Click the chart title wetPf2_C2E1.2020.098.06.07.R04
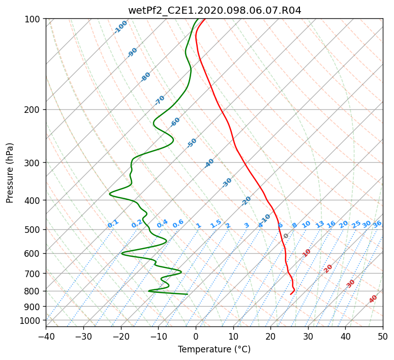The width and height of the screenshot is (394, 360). [215, 11]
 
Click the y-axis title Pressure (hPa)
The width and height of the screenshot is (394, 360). [10, 173]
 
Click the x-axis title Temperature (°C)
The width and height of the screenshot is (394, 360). [215, 349]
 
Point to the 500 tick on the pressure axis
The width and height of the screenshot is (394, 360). [34, 230]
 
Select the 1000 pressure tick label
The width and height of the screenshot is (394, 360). [32, 321]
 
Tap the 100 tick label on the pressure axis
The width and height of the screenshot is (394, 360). [34, 19]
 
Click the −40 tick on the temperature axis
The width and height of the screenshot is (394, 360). [46, 336]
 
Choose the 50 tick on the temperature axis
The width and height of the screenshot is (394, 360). [383, 336]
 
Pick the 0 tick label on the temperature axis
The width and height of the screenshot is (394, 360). [196, 336]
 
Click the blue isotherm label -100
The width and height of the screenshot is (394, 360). [120, 27]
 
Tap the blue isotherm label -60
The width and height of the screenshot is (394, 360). [175, 122]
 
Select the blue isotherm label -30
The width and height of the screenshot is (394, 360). [227, 183]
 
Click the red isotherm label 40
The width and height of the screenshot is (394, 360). [373, 299]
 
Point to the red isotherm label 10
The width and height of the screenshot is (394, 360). [307, 253]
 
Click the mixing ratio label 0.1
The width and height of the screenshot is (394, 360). [113, 224]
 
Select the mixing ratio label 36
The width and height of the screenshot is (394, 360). [377, 224]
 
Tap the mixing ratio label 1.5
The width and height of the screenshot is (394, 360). [216, 224]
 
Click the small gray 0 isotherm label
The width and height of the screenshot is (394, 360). [286, 236]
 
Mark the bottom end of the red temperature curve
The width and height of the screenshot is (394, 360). [291, 294]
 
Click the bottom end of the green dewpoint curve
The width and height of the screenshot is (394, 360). [188, 294]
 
